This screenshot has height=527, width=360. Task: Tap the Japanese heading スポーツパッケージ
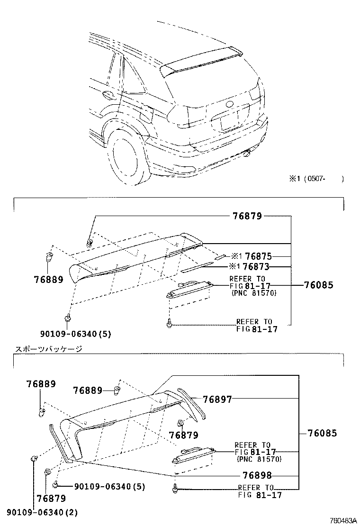click(49, 349)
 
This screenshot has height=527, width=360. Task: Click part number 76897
click(217, 400)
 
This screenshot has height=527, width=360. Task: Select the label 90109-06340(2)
click(42, 512)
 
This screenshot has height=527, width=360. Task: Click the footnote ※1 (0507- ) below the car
click(316, 179)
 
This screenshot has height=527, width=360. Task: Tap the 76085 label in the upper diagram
click(318, 285)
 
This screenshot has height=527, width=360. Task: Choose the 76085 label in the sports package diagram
click(322, 433)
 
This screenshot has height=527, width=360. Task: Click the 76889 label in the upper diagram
click(48, 280)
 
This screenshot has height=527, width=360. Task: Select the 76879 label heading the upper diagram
click(247, 216)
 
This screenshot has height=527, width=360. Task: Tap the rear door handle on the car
click(107, 95)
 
